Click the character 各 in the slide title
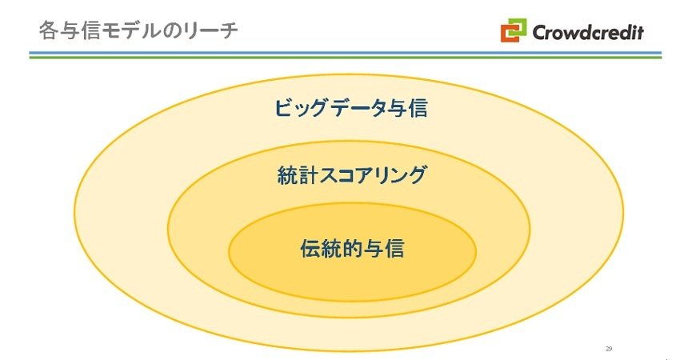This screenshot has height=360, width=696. point(48,31)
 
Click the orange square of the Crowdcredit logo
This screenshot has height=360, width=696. point(509,34)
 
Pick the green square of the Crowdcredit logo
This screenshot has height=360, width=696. point(518,26)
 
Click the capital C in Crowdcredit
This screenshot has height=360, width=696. point(540,32)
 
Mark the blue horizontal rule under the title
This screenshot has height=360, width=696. point(346,53)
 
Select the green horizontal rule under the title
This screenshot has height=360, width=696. point(346,57)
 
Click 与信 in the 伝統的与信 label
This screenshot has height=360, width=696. point(383,249)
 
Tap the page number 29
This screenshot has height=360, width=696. point(609,349)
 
